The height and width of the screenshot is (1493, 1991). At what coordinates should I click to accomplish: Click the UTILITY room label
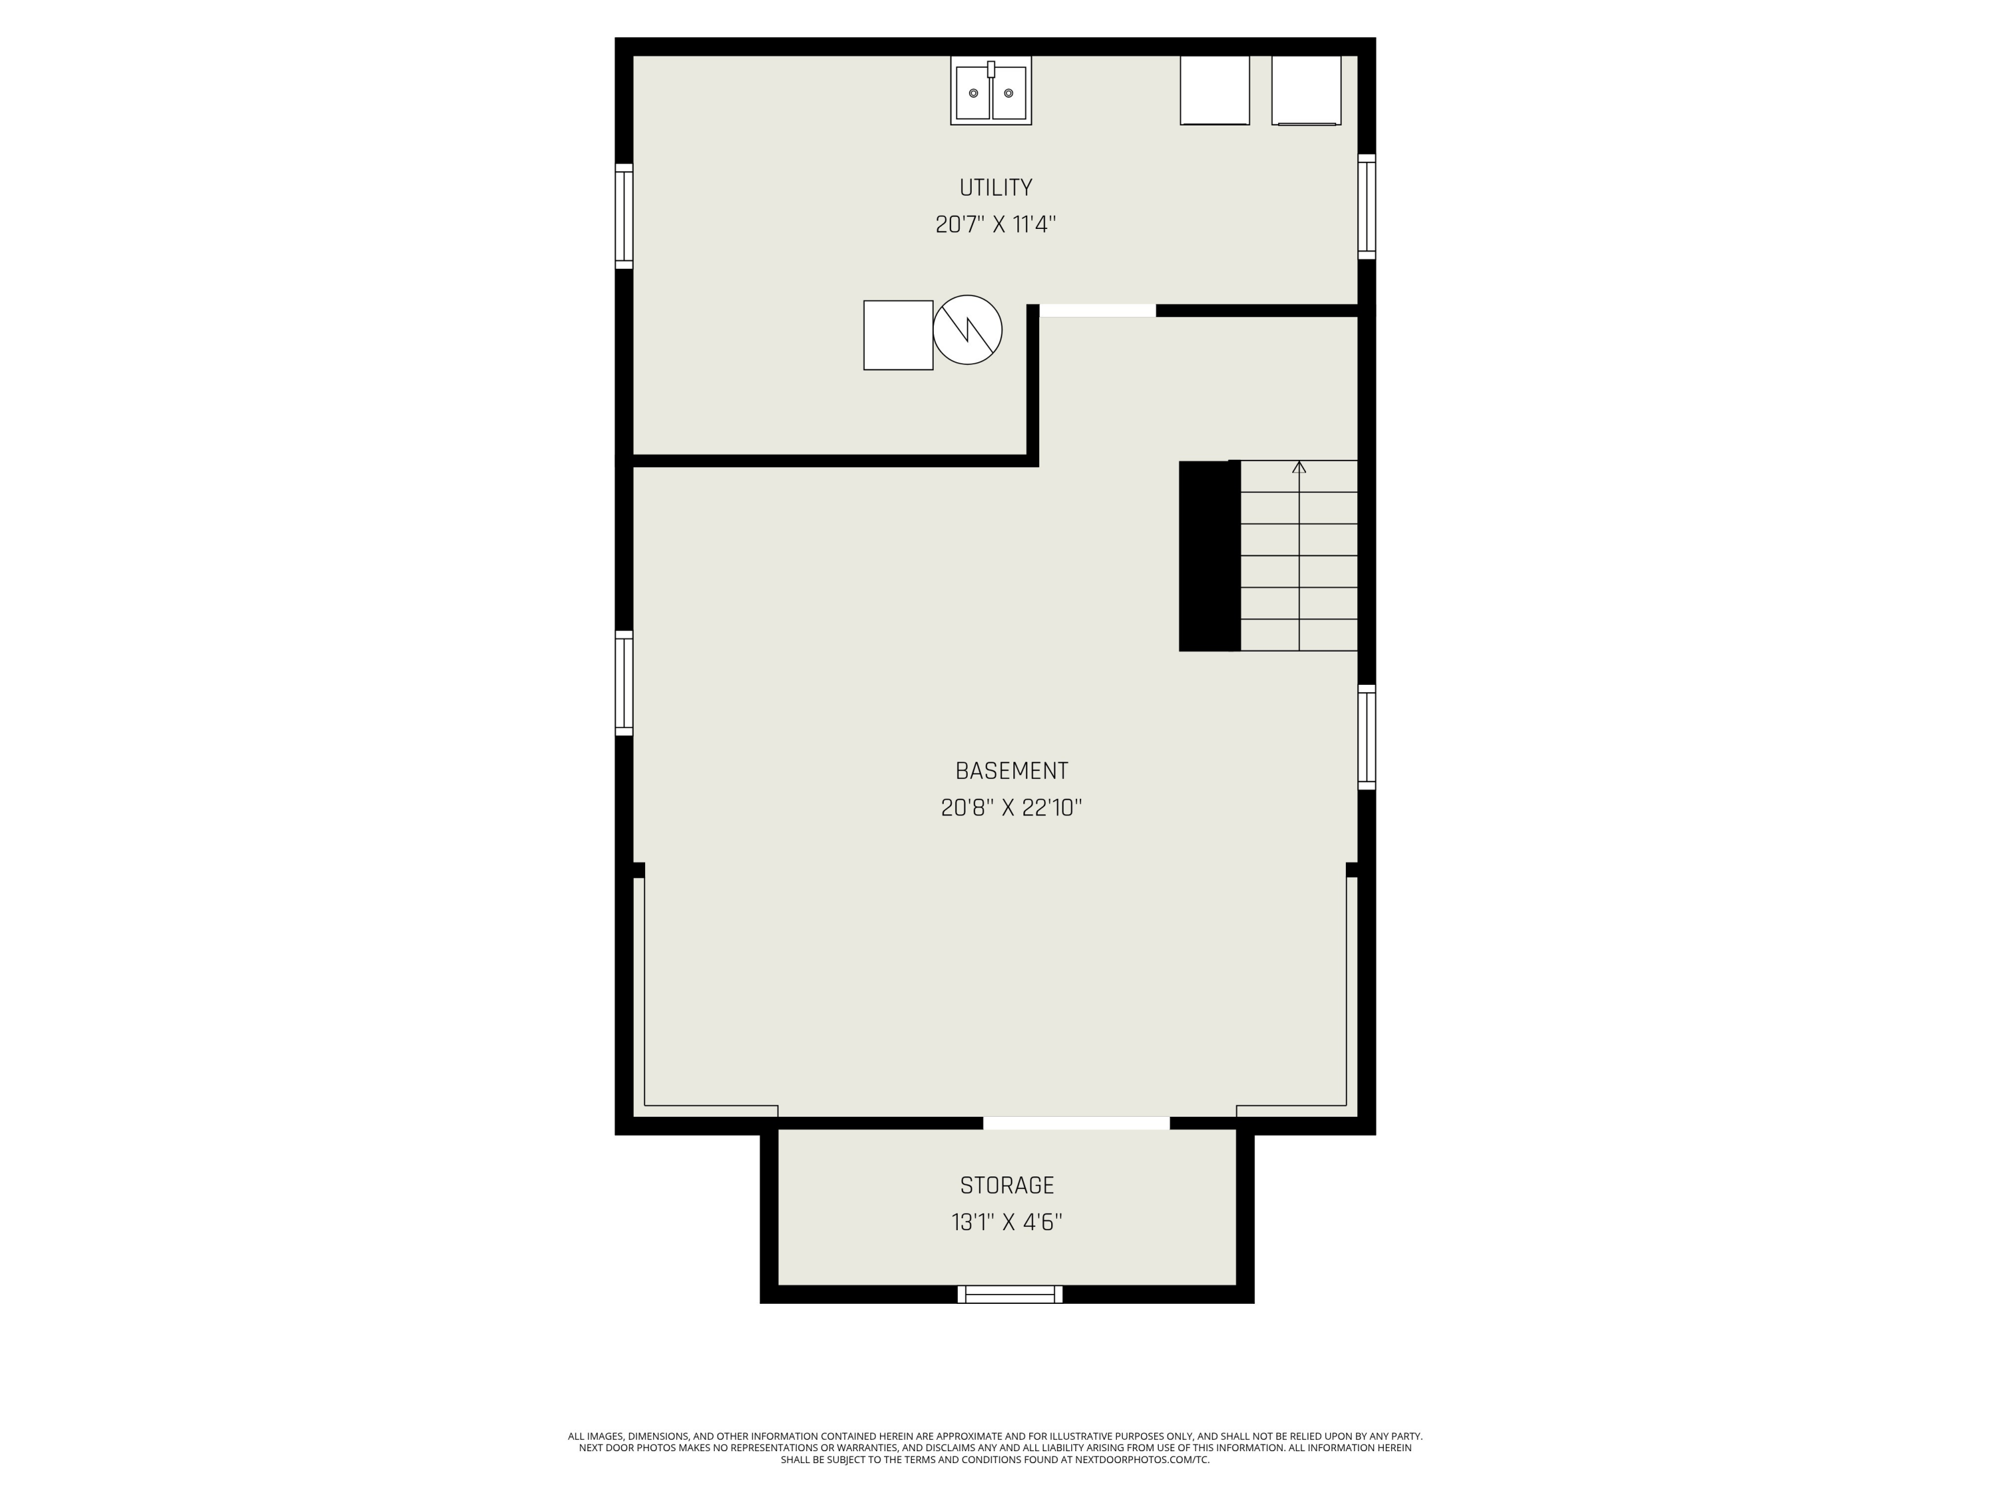click(995, 187)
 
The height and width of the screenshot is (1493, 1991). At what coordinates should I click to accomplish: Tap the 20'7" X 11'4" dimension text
click(995, 224)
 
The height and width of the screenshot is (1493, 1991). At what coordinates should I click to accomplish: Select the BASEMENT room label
click(1011, 770)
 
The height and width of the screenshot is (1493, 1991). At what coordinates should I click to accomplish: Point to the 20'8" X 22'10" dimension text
click(1011, 808)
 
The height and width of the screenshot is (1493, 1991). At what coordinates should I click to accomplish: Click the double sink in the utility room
click(990, 90)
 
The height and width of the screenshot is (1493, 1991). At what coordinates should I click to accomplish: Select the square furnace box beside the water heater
click(899, 335)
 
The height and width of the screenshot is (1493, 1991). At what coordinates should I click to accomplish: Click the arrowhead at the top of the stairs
click(1299, 467)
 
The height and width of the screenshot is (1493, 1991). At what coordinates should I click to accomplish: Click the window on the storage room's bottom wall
click(1010, 1294)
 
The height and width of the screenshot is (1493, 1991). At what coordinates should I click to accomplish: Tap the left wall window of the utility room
click(624, 216)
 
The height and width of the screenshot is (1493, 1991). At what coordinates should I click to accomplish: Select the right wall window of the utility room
click(1366, 206)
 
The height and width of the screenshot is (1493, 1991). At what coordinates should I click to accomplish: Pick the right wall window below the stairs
click(1366, 737)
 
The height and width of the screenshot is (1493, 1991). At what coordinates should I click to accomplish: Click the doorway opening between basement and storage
click(1076, 1123)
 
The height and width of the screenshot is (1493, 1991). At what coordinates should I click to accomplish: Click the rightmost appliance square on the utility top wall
click(1306, 90)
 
